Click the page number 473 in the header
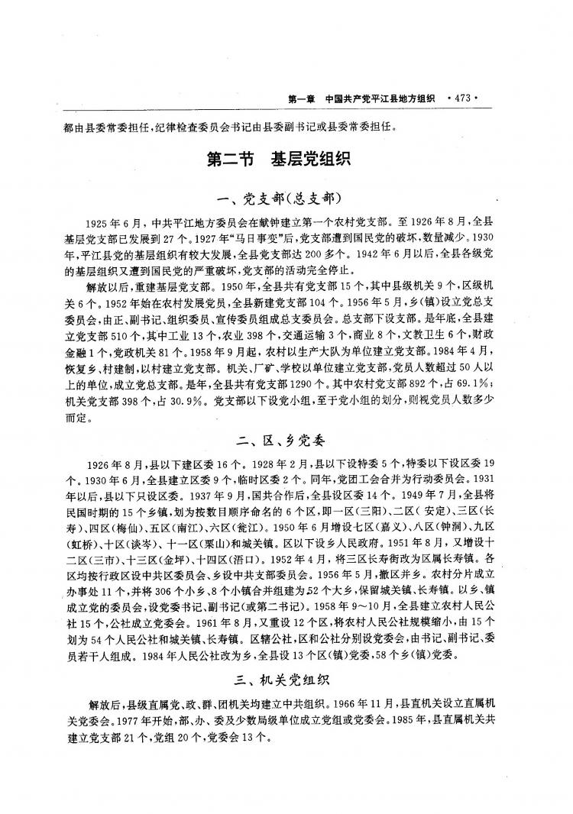(465, 98)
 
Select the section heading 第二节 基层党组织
(278, 160)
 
